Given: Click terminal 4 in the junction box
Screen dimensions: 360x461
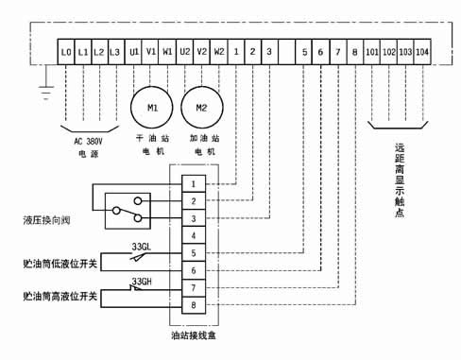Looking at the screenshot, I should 194,235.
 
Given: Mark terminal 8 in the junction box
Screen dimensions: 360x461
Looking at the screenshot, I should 194,304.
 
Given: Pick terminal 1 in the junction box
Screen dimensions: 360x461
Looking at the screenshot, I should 194,183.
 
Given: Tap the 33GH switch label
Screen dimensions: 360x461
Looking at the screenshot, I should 142,281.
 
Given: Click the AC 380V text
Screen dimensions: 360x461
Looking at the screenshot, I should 92,141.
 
